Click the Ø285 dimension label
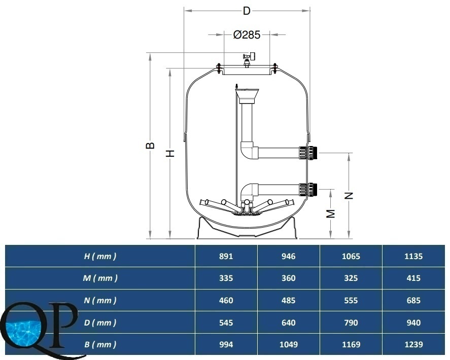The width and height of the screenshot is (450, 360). [x=247, y=34]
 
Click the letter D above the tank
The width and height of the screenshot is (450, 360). [x=247, y=11]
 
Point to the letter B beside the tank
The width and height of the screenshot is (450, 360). [x=150, y=146]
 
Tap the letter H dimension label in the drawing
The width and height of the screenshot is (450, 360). [x=170, y=153]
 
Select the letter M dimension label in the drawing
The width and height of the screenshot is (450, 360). [x=331, y=213]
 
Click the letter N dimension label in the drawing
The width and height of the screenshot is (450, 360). [x=349, y=196]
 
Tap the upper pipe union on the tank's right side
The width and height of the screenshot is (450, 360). [x=308, y=153]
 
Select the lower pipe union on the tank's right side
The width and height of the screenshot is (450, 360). [x=308, y=190]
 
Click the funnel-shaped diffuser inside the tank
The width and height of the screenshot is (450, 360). [x=247, y=96]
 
